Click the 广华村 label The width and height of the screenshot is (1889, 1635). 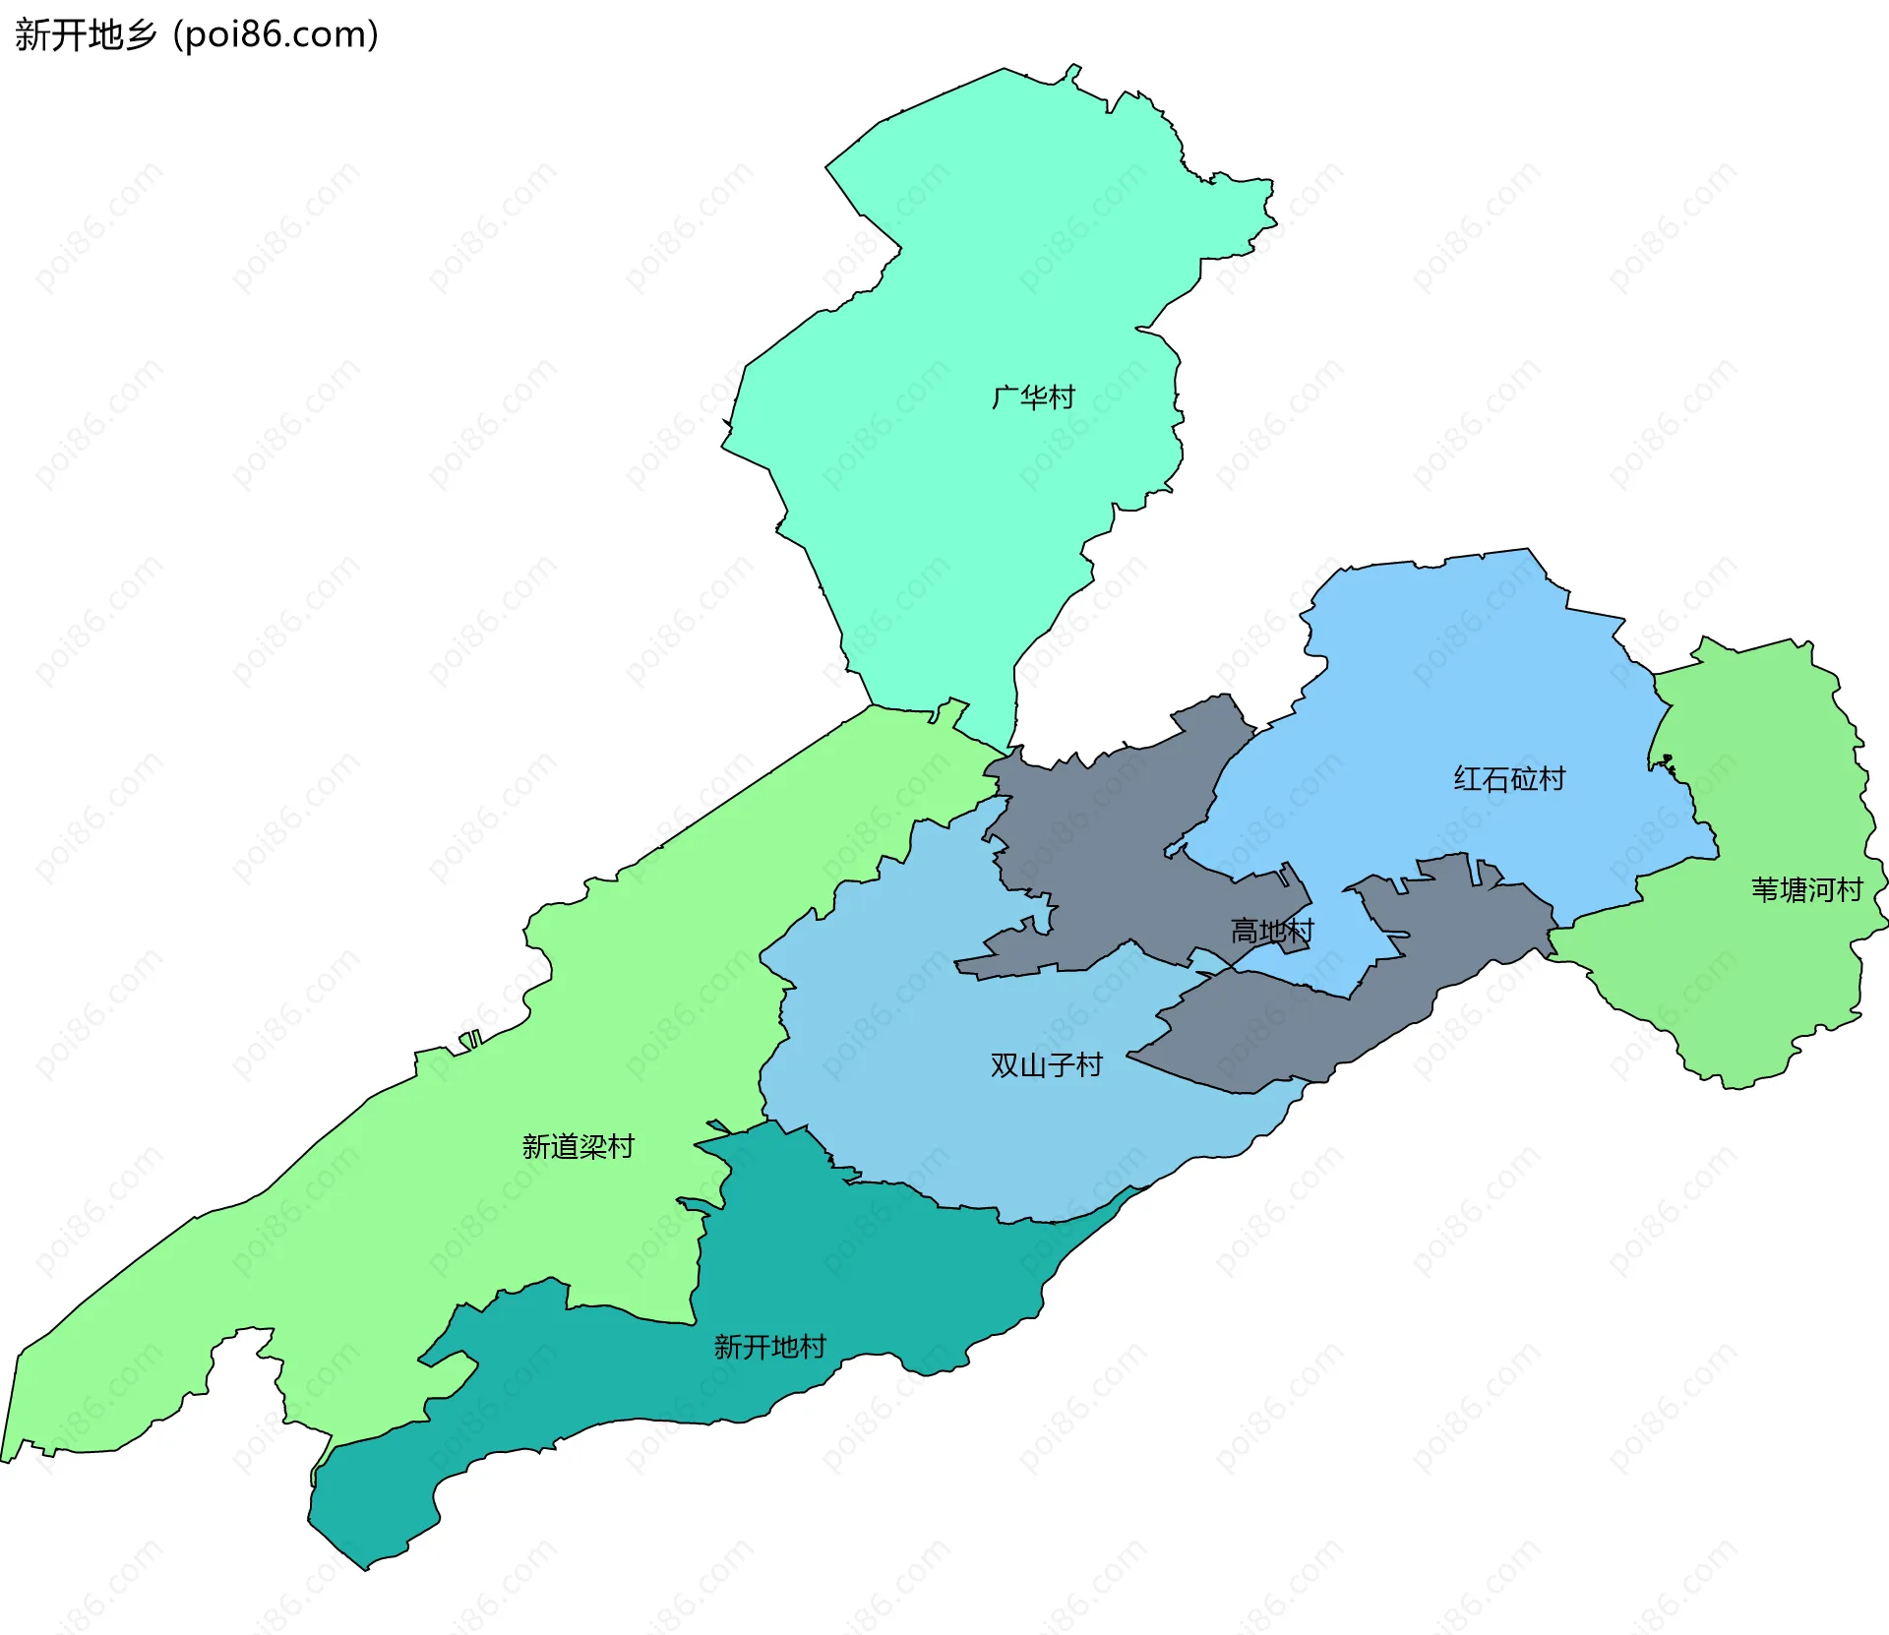[1033, 397]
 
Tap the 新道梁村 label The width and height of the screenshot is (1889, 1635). [578, 1146]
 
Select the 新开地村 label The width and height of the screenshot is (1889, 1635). [769, 1347]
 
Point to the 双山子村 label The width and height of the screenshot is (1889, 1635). [1046, 1065]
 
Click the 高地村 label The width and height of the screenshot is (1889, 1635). [1271, 931]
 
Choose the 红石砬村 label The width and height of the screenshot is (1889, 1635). [1509, 779]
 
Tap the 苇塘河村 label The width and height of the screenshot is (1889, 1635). [1806, 890]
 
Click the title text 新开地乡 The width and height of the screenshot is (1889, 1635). [87, 35]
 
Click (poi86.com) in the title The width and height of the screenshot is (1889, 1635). [275, 35]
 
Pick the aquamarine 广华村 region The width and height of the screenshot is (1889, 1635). [964, 295]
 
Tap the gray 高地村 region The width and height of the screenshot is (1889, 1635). [1112, 846]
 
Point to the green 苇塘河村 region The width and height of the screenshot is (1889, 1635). [1771, 984]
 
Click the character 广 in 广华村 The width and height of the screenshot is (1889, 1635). [1005, 397]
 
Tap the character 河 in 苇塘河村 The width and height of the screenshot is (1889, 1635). [1820, 890]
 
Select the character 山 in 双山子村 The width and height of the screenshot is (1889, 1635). [1032, 1065]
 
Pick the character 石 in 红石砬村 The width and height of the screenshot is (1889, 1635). [1495, 779]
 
